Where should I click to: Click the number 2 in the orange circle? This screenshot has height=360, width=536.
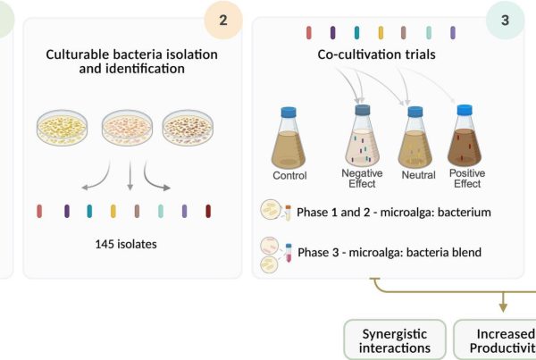pyautogui.click(x=222, y=21)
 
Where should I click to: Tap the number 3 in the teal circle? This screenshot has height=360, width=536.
pyautogui.click(x=505, y=21)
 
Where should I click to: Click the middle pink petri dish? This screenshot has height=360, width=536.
pyautogui.click(x=130, y=130)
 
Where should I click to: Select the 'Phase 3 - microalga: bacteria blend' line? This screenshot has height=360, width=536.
pyautogui.click(x=389, y=252)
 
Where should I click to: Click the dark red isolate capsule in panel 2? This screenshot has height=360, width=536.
pyautogui.click(x=208, y=212)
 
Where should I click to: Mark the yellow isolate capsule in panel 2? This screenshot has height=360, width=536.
pyautogui.click(x=113, y=212)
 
